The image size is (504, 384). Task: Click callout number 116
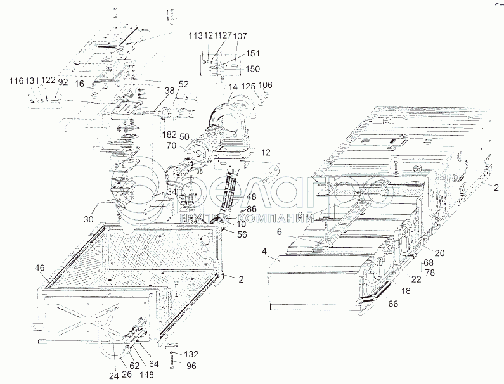pyautogui.click(x=16, y=80)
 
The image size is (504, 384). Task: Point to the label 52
pyautogui.click(x=183, y=84)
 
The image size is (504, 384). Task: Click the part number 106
pyautogui.click(x=266, y=84)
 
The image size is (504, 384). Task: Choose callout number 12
pyautogui.click(x=265, y=152)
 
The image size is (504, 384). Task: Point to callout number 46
pyautogui.click(x=39, y=269)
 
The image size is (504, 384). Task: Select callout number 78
pyautogui.click(x=430, y=272)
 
